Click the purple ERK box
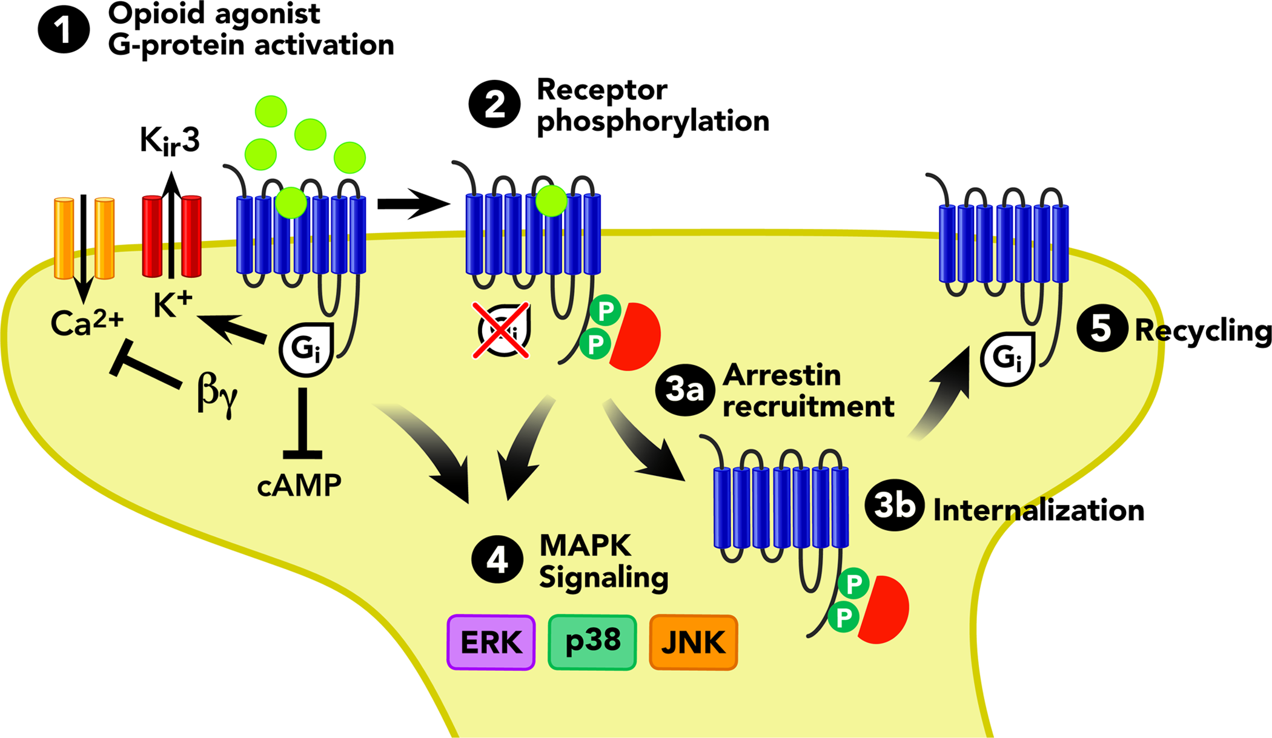(x=491, y=642)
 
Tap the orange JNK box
(x=693, y=642)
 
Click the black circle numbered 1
(x=64, y=29)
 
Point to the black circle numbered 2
(x=494, y=104)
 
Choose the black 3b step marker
(x=893, y=506)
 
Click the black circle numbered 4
(x=497, y=560)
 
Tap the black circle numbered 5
(x=1101, y=328)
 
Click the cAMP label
(x=299, y=486)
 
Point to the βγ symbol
(x=217, y=394)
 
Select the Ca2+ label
(x=87, y=323)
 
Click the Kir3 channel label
(x=169, y=141)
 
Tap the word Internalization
(x=1038, y=510)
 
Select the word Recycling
(x=1202, y=331)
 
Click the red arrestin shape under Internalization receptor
(x=886, y=609)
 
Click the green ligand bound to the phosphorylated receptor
(x=551, y=201)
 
